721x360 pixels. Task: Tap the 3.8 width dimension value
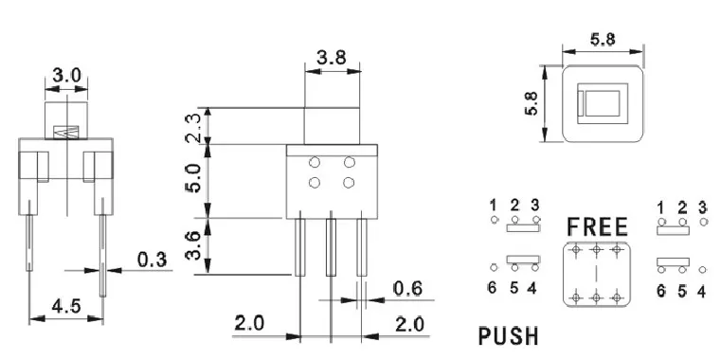332,58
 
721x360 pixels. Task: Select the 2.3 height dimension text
193,125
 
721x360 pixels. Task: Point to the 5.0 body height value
193,179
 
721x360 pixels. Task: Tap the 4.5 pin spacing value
63,305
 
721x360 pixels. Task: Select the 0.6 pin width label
406,288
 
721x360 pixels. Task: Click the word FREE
597,227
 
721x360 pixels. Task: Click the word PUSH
509,335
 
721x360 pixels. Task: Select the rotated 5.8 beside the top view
531,102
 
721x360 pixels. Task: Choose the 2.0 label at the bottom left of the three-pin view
249,323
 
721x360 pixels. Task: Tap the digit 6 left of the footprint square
493,288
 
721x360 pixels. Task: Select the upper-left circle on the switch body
313,162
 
